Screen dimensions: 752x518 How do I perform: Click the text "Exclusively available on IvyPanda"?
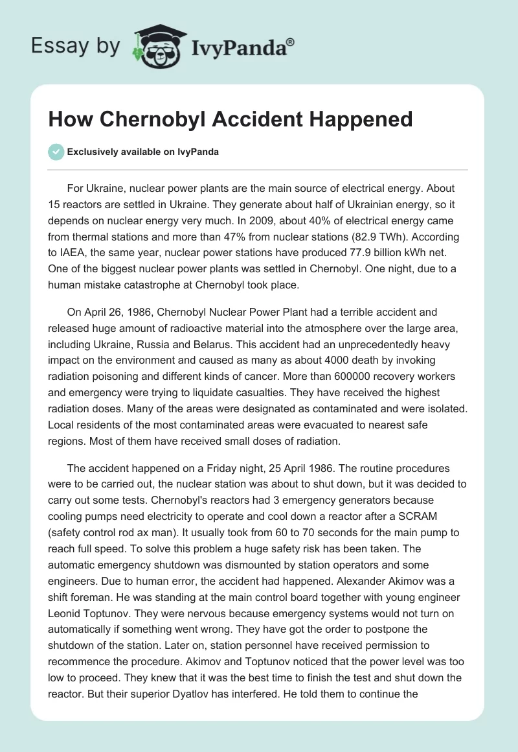point(143,152)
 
